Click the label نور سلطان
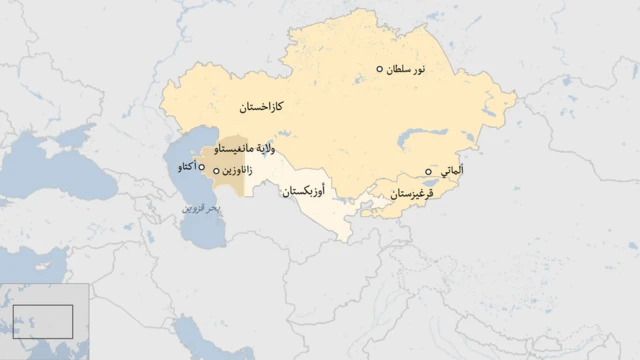tap(406, 69)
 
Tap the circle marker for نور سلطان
tap(380, 69)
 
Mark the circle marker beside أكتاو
tap(203, 167)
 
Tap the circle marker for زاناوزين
tap(216, 172)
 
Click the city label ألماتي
tap(451, 172)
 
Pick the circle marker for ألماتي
tap(429, 172)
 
